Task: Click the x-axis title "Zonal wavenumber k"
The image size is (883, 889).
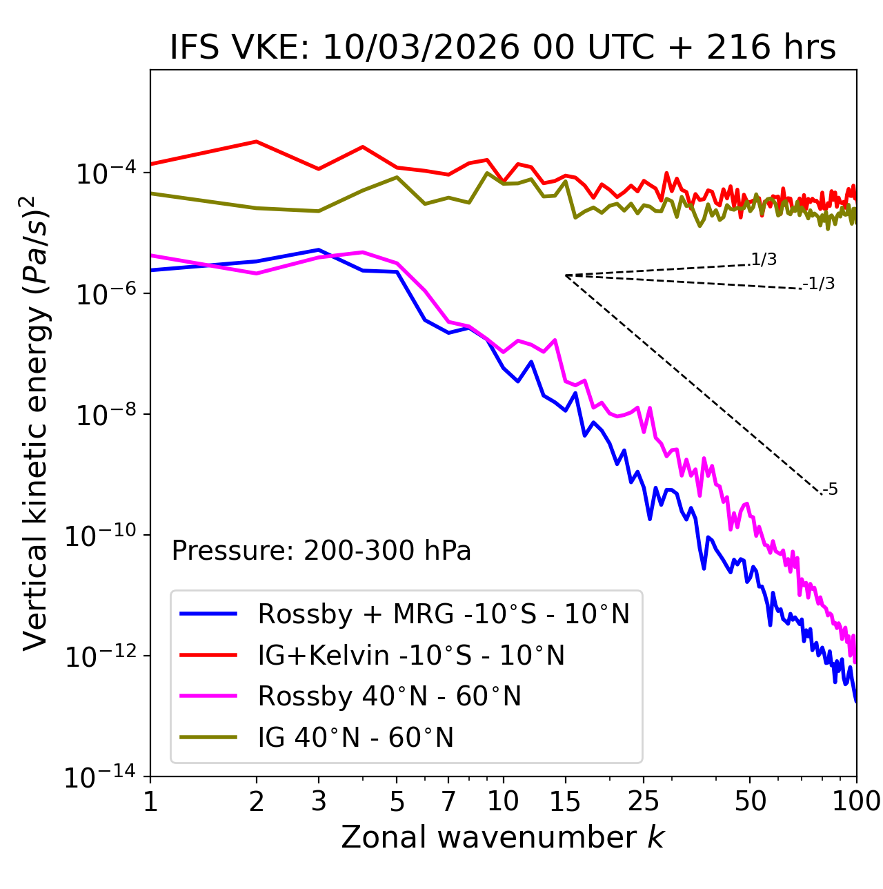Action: point(502,837)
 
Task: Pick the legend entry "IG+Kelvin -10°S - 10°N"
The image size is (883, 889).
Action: point(410,655)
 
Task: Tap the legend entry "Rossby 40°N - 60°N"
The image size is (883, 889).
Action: point(389,696)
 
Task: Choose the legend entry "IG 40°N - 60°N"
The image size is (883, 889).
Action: point(355,738)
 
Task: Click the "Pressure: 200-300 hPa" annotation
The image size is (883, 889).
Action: point(321,551)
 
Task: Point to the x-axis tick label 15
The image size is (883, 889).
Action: point(565,801)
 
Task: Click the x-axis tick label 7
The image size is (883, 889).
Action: point(448,801)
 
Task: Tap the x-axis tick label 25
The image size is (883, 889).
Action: point(644,801)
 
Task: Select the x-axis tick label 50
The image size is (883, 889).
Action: point(750,801)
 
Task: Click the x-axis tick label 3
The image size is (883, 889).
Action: point(318,801)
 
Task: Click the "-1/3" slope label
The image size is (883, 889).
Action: point(819,284)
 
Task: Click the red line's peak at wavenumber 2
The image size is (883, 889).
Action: point(257,141)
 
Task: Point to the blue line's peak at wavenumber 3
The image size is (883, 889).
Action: point(318,250)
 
